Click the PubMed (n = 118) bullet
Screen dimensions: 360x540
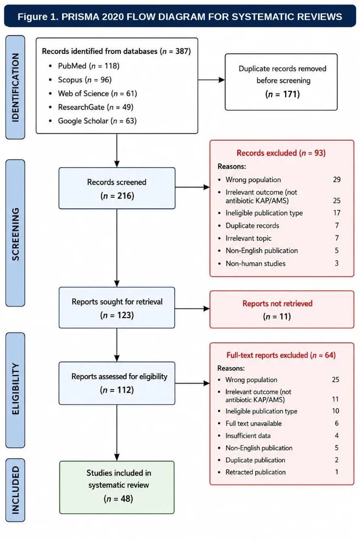click(88, 66)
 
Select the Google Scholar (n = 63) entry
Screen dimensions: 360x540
click(97, 121)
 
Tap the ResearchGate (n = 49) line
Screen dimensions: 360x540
click(95, 107)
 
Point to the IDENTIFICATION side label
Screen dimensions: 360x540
click(15, 87)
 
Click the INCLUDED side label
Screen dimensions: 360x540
click(15, 490)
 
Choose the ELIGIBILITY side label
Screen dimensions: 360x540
click(15, 389)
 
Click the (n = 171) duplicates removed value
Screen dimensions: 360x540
click(282, 94)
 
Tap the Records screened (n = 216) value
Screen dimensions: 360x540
click(117, 196)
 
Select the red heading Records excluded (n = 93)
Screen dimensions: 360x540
click(281, 153)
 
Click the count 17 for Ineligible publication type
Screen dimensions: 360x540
click(337, 213)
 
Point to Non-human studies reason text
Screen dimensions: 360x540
click(256, 264)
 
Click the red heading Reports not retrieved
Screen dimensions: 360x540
click(277, 304)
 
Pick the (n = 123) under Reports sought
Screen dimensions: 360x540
click(117, 315)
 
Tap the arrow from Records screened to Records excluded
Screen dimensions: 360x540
click(192, 187)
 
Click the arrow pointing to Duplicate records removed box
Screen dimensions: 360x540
click(211, 80)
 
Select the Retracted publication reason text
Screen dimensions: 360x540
click(256, 472)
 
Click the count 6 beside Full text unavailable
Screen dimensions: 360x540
click(337, 423)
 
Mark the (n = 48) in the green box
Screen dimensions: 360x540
click(118, 499)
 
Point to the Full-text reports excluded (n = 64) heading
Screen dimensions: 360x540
click(281, 355)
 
